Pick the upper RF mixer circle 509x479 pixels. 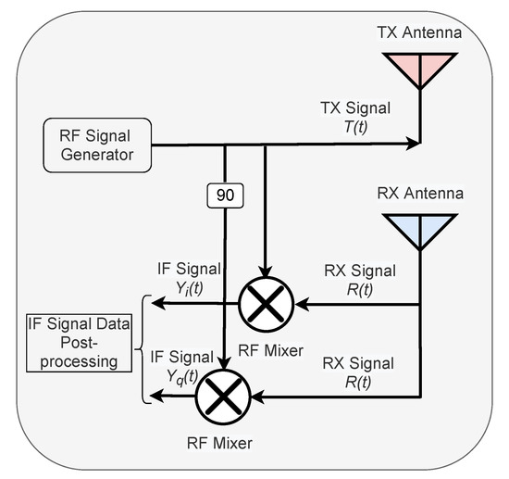[266, 303]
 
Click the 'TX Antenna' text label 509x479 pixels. [419, 32]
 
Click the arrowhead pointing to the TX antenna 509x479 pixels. [413, 144]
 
